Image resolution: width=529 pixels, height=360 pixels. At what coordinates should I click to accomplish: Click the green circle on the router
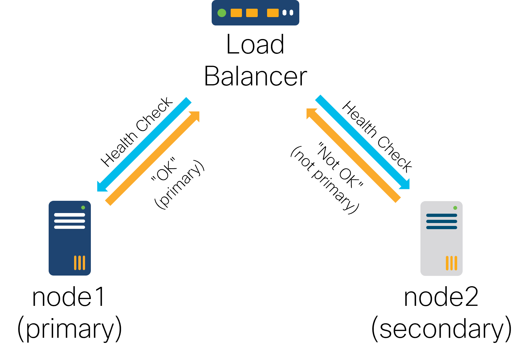click(222, 13)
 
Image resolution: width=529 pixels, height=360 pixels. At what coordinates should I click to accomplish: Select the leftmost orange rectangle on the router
click(236, 13)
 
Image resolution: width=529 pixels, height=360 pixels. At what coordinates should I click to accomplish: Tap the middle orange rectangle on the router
click(252, 13)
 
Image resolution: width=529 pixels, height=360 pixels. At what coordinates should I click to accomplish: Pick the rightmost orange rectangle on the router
click(273, 13)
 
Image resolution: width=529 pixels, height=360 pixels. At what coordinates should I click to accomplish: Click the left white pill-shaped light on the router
click(284, 13)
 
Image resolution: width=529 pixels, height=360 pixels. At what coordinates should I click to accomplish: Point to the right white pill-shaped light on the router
click(292, 13)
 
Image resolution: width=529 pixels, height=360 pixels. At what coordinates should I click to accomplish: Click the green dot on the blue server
click(83, 208)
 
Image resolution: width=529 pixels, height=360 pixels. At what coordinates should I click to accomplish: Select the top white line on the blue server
click(70, 215)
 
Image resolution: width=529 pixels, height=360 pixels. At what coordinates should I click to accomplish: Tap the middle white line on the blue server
click(70, 221)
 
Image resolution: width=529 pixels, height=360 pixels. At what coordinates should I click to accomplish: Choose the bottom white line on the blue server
click(70, 227)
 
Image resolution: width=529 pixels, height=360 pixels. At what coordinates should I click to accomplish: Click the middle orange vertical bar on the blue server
click(80, 263)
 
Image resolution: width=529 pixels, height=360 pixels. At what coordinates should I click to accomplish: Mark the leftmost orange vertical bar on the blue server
click(75, 263)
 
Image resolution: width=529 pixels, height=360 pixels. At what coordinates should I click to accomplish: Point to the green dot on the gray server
click(455, 208)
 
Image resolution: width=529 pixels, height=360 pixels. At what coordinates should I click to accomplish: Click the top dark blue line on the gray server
click(442, 215)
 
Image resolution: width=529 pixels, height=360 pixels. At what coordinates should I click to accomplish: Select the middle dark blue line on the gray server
click(442, 221)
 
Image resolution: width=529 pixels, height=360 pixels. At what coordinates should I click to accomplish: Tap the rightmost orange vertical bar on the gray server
click(456, 263)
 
